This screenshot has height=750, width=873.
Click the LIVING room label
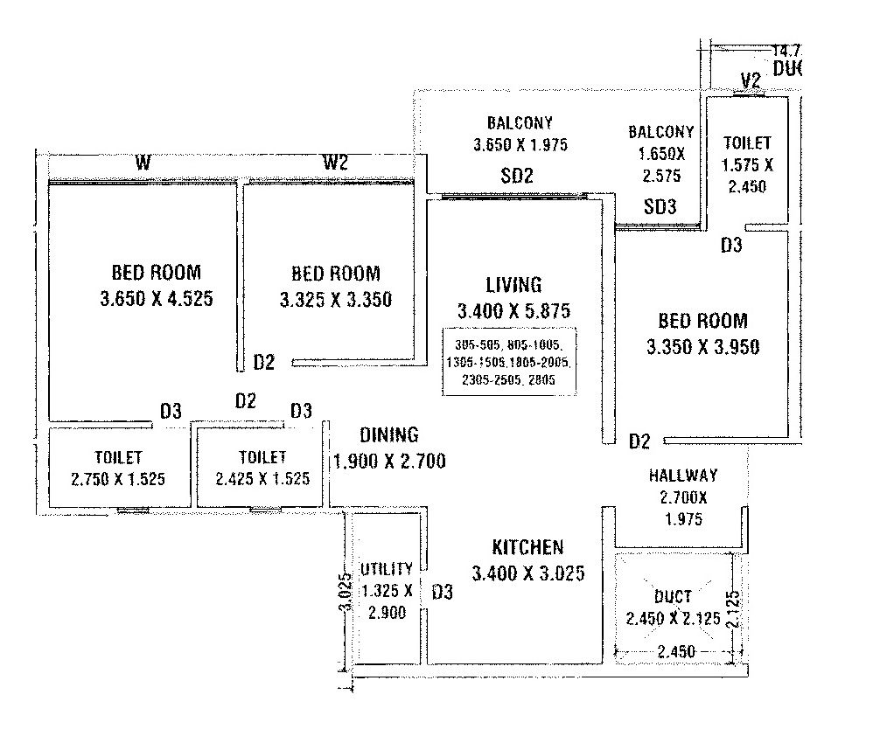[x=513, y=284]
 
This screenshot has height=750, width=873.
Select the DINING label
[x=389, y=434]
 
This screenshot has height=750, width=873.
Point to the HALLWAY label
[x=682, y=476]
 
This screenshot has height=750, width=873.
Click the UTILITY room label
[x=386, y=569]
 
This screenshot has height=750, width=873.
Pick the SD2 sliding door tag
[x=517, y=175]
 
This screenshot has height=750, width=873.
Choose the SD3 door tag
[x=660, y=207]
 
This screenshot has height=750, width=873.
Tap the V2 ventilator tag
[x=750, y=81]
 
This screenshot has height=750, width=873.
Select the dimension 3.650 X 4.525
[x=157, y=298]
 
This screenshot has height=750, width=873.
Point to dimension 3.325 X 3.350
[x=336, y=300]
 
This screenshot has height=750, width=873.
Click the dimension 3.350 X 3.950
[x=702, y=346]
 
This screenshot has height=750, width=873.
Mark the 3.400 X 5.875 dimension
[x=513, y=310]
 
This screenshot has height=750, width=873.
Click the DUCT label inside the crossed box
[x=672, y=596]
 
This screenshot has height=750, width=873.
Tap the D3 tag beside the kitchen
[x=442, y=593]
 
